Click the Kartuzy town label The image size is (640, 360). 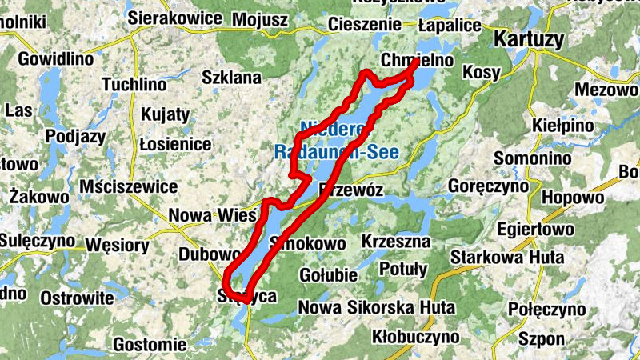coord(529,39)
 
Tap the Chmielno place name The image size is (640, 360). coord(418,61)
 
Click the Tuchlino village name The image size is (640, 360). coord(134,84)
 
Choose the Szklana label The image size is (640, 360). coord(232,78)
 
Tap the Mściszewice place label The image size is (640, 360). coord(128,186)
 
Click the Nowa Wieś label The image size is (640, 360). coord(211,215)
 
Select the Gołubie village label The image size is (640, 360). coord(327,275)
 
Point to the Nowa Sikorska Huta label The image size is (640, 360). coord(376,307)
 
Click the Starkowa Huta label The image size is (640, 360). coord(507,258)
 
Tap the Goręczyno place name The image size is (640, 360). coord(487,186)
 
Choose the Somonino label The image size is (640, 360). coord(533,158)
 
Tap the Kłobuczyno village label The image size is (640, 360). coord(402,335)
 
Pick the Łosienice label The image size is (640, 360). coord(175,144)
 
